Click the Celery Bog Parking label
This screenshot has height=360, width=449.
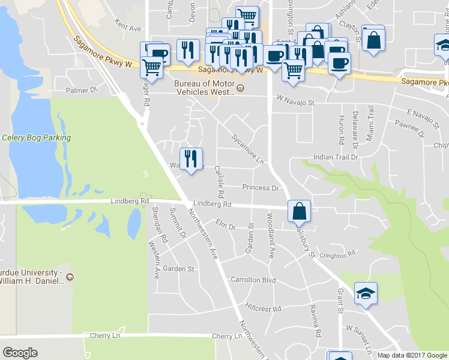coord(37,137)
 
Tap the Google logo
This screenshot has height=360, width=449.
coord(20,353)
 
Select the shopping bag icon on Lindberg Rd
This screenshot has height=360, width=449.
coord(299,211)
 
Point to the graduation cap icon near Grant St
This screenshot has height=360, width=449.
coord(366,293)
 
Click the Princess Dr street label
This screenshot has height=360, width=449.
coord(261,188)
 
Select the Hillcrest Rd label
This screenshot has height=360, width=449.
coord(263,308)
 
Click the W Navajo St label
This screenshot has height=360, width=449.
coord(295,103)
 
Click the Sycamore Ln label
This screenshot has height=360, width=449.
coord(247,149)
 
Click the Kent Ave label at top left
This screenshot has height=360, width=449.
coord(127,28)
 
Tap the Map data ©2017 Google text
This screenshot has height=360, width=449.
coord(412,355)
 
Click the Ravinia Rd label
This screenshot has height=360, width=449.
coord(316,325)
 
